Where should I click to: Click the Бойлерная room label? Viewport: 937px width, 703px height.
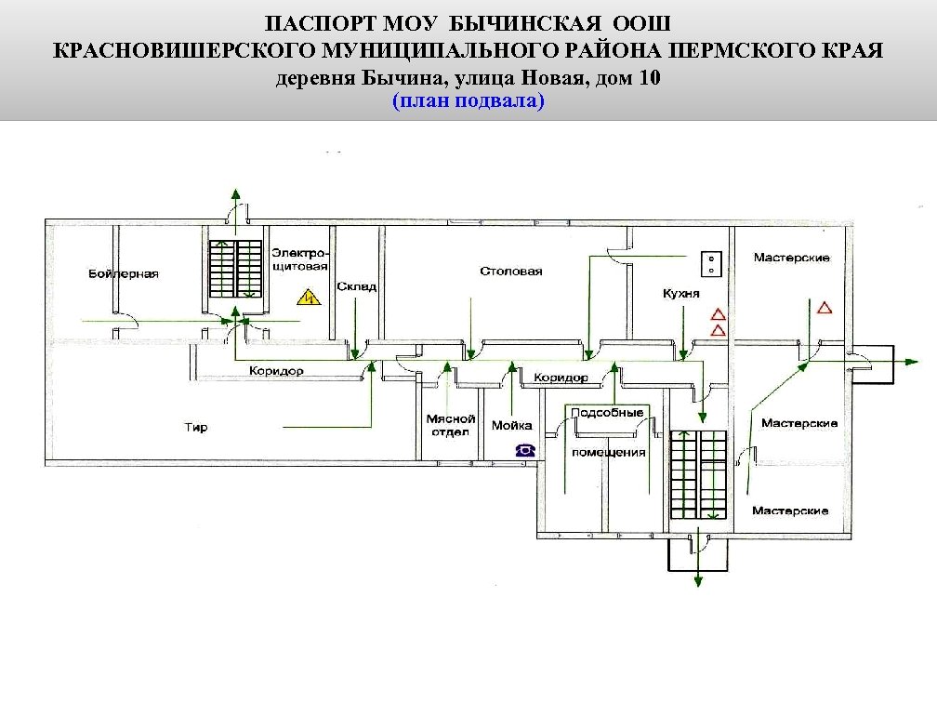point(124,274)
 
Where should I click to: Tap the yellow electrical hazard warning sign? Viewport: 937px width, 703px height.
point(307,298)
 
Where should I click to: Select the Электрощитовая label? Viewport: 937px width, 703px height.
point(299,259)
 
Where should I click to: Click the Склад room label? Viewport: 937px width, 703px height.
point(356,286)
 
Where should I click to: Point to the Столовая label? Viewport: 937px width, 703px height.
point(511,272)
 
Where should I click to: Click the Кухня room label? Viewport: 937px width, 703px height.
point(681,293)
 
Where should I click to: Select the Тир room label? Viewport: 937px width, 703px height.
point(196,428)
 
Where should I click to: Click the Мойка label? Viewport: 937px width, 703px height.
point(511,425)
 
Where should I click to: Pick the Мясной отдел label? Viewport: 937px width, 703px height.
point(451,426)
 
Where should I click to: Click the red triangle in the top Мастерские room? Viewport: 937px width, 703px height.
point(824,307)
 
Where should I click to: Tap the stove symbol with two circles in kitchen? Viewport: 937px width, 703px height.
point(712,263)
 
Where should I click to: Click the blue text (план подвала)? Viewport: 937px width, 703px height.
point(468,100)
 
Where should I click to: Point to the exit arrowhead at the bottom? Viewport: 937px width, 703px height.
point(695,582)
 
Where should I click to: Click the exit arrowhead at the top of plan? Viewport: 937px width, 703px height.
point(234,193)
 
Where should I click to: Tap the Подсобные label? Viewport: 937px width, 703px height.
point(607,413)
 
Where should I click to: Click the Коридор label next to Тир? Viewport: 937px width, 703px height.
point(276,371)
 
